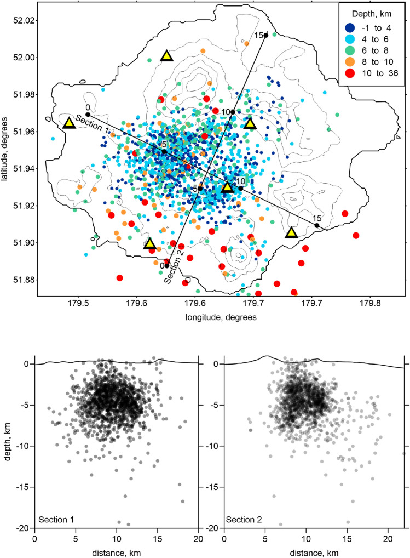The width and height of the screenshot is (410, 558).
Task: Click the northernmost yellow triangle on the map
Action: pos(166,55)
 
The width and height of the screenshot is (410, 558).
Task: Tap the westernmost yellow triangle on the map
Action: pos(69,123)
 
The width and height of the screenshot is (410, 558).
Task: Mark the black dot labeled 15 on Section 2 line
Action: pos(265,36)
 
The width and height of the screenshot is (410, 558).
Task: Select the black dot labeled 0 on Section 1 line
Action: pos(88,115)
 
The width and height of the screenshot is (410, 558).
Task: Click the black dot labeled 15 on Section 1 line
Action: pos(317,225)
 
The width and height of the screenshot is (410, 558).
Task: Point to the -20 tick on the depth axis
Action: pos(24,528)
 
